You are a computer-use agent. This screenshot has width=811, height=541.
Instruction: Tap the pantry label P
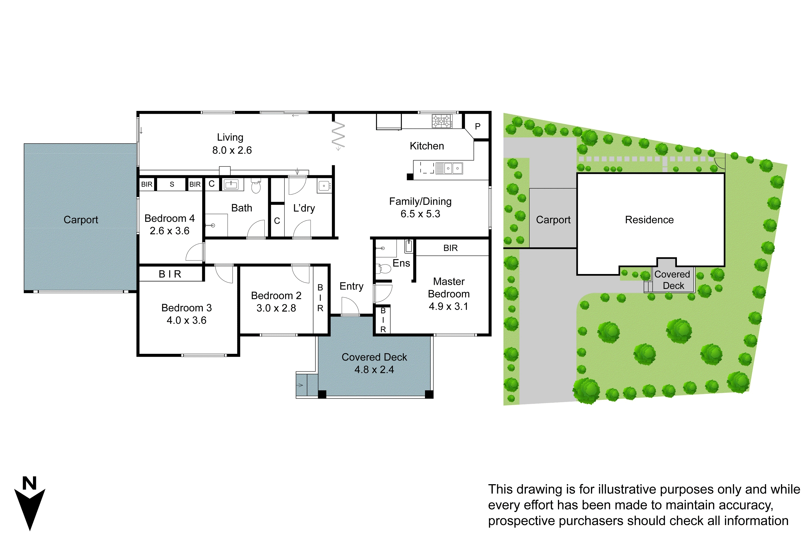click(x=478, y=127)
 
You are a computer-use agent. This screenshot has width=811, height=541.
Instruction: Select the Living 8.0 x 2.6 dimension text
click(x=232, y=150)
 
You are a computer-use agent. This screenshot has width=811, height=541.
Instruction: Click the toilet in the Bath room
click(x=256, y=186)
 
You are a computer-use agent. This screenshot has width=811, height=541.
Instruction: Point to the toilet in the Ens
click(x=384, y=268)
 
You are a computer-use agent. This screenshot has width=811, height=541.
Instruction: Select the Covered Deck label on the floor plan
click(x=374, y=357)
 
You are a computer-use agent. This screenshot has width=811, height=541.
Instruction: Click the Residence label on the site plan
click(x=649, y=220)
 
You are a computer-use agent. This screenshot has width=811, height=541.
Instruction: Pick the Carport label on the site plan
click(x=553, y=220)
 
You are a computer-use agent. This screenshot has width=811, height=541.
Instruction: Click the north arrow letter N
click(x=29, y=483)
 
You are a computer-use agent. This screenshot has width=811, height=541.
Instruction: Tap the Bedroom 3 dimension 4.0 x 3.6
click(x=186, y=320)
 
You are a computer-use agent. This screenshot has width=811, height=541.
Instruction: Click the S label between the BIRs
click(x=172, y=184)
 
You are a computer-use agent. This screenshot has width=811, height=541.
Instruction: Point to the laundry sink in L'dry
click(x=324, y=186)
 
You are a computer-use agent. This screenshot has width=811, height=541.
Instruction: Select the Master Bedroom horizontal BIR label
click(x=450, y=248)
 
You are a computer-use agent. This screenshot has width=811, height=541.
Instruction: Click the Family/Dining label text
click(x=420, y=201)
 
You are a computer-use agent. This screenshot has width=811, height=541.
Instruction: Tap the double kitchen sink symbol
click(x=452, y=168)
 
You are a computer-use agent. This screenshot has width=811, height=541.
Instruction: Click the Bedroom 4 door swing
click(x=195, y=253)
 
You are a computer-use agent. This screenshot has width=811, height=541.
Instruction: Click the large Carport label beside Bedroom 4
click(x=81, y=220)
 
